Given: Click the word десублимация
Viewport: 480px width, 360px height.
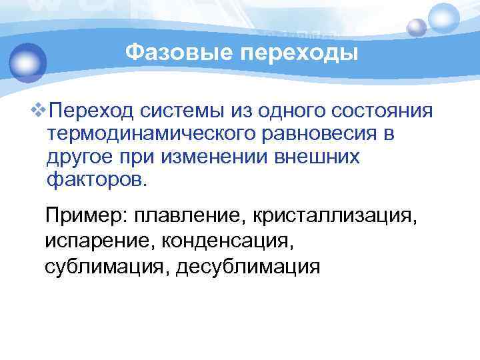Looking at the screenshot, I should [248, 266].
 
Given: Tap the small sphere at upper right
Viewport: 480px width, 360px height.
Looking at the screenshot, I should [417, 27].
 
